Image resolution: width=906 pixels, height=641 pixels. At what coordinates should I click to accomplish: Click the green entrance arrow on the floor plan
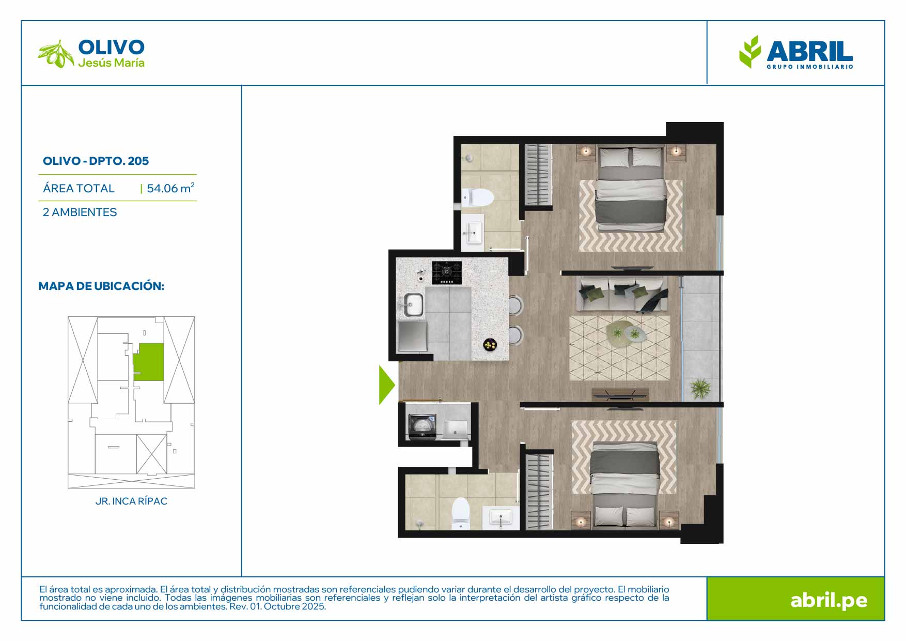pyautogui.click(x=386, y=385)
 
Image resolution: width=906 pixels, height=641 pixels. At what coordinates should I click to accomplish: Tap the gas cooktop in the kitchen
pyautogui.click(x=447, y=272)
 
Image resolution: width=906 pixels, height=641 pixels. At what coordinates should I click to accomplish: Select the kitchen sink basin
pyautogui.click(x=413, y=304)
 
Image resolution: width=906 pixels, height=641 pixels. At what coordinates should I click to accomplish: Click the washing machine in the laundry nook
pyautogui.click(x=423, y=427)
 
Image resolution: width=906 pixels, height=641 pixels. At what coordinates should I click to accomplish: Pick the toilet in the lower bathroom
pyautogui.click(x=460, y=513)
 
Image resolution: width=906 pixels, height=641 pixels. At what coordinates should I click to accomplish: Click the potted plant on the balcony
pyautogui.click(x=700, y=388)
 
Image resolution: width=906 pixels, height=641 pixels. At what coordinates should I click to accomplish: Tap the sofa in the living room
pyautogui.click(x=622, y=294)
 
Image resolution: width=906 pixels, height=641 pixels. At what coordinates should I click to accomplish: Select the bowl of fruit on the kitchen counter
pyautogui.click(x=490, y=344)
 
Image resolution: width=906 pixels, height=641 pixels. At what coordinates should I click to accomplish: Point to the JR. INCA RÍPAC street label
pyautogui.click(x=131, y=501)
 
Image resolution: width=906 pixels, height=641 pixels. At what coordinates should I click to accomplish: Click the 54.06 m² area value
pyautogui.click(x=170, y=188)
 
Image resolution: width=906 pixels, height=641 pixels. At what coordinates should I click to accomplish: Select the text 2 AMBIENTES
pyautogui.click(x=80, y=212)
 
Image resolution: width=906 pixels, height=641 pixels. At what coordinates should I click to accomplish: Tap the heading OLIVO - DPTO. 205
pyautogui.click(x=96, y=161)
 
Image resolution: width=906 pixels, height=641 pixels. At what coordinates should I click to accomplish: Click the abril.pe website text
pyautogui.click(x=829, y=600)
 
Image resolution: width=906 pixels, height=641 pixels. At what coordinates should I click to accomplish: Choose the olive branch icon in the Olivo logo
pyautogui.click(x=56, y=54)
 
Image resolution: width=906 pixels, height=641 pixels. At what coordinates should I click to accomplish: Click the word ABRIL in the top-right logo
pyautogui.click(x=809, y=52)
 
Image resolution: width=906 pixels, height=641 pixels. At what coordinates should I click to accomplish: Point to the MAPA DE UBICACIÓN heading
pyautogui.click(x=101, y=286)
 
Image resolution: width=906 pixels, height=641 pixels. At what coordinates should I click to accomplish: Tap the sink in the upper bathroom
pyautogui.click(x=473, y=233)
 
